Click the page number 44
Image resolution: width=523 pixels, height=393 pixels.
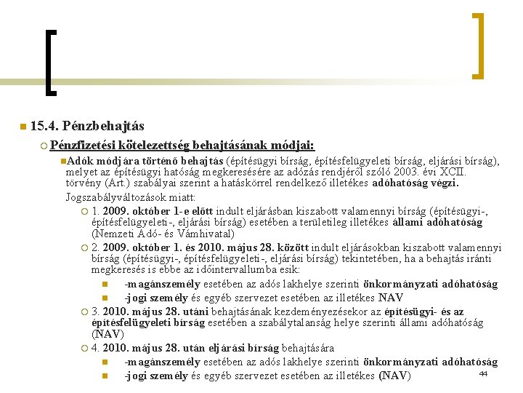point(482,373)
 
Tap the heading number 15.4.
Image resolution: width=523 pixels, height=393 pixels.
point(46,127)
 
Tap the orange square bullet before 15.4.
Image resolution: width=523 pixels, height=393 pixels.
point(23,127)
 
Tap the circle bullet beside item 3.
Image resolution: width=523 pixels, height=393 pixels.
point(85,311)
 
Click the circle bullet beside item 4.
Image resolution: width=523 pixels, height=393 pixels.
point(85,349)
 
